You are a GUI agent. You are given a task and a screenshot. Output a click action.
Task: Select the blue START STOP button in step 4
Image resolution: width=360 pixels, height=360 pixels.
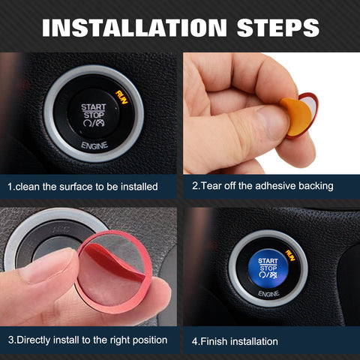click(x=268, y=268)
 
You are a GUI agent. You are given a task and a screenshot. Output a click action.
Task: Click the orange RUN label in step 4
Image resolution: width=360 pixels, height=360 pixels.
click(x=289, y=254)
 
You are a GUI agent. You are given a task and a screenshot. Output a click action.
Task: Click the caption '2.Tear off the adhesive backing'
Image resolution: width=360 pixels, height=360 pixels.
click(x=262, y=185)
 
